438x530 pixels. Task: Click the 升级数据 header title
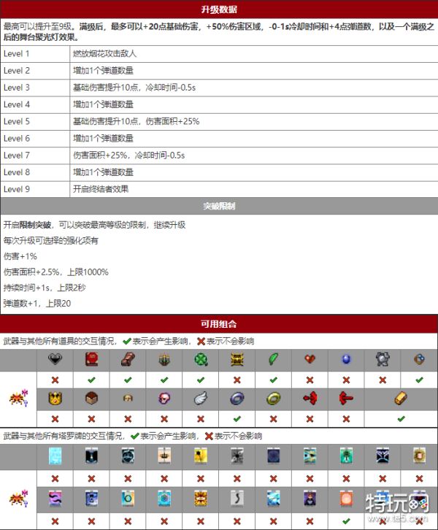(x=218, y=9)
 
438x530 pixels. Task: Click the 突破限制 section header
(x=218, y=207)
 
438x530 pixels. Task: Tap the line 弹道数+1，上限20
(x=37, y=303)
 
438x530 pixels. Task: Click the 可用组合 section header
(x=218, y=323)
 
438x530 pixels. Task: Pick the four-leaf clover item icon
(x=201, y=359)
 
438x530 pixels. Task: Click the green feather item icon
(x=273, y=359)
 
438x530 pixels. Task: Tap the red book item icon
(x=91, y=359)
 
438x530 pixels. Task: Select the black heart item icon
(x=55, y=359)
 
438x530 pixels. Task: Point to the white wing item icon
(x=201, y=399)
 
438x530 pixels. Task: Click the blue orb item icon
(x=345, y=359)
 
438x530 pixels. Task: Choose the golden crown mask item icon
(x=55, y=399)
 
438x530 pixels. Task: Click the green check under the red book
(x=91, y=380)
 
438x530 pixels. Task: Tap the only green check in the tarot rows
(x=345, y=521)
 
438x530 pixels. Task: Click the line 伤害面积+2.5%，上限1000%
(x=55, y=272)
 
